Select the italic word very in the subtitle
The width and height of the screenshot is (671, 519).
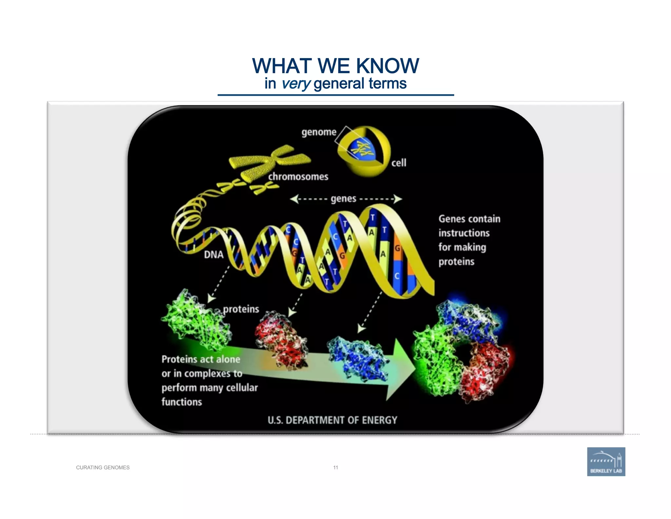tap(296, 84)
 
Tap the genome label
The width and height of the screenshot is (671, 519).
tap(319, 132)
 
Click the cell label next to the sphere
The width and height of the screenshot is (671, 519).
tap(399, 163)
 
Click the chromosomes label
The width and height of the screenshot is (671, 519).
tap(298, 177)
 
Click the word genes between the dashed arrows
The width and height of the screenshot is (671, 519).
tap(343, 199)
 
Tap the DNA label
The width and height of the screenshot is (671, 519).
tap(214, 255)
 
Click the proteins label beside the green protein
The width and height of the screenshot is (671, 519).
tap(241, 309)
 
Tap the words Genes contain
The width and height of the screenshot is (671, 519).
tap(469, 219)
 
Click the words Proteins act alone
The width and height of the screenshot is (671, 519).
tap(201, 360)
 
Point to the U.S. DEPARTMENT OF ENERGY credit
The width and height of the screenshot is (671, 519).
tap(332, 420)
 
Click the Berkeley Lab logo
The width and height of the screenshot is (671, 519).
tap(606, 462)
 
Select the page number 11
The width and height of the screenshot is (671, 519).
tap(335, 467)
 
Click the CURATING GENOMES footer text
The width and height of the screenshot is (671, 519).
tap(103, 467)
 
